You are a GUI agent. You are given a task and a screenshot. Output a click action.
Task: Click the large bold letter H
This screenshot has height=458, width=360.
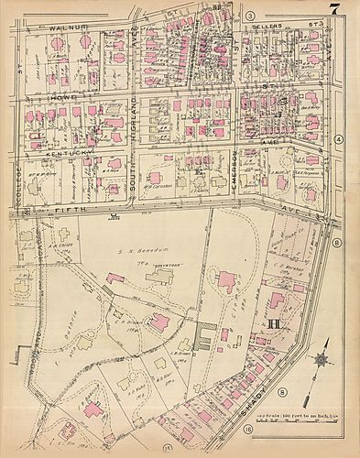pos(272,323)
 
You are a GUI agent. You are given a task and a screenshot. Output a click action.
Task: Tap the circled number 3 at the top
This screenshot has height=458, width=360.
pos(249,16)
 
